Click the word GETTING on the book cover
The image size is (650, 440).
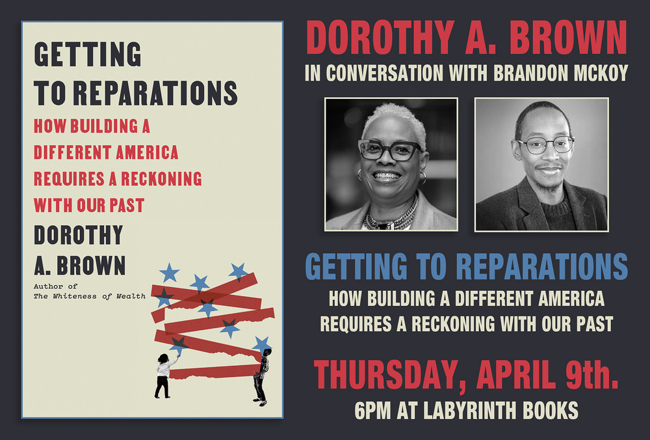tap(87, 55)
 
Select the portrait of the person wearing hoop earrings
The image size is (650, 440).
tap(391, 164)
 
